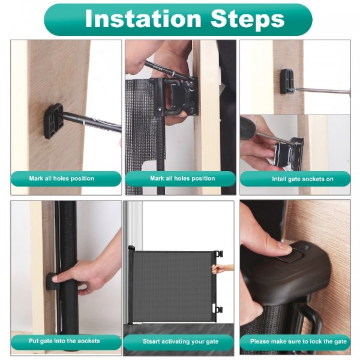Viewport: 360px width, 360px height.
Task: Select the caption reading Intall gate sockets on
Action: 295,179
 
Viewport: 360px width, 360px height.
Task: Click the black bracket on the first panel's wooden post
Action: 53,119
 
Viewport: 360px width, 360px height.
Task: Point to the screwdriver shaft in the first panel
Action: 93,122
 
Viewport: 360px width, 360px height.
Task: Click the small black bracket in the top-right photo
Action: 287,81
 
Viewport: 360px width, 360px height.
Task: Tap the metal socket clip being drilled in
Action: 295,152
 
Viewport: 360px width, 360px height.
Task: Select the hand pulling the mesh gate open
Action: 223,269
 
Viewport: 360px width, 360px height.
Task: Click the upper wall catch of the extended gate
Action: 219,254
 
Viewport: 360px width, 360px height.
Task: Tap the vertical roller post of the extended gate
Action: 131,285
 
